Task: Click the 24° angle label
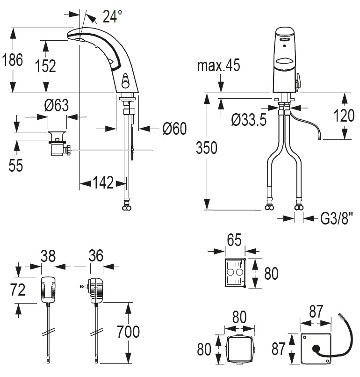coord(112,17)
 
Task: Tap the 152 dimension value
coord(45,66)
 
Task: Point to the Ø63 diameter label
coord(56,106)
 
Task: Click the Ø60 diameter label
coord(174,128)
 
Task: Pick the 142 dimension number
coord(103,183)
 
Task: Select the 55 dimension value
coord(16,165)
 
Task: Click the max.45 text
coord(218,65)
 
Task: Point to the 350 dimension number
coord(206,148)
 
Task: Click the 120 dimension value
coord(345,115)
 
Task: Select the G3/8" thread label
coord(334,218)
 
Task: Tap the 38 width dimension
coord(48,256)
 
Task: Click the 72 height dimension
coord(18,290)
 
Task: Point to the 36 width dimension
coord(95,256)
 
